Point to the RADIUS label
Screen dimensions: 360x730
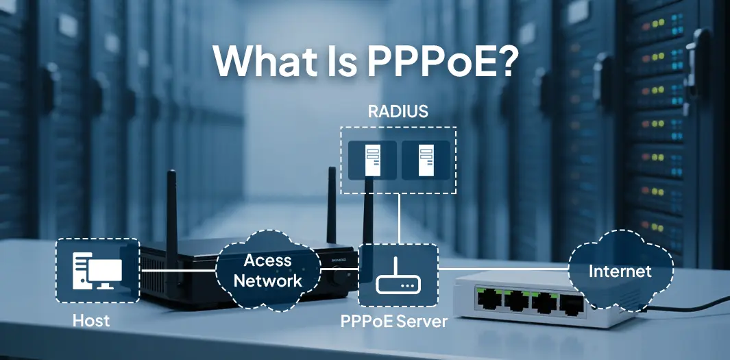pyautogui.click(x=398, y=111)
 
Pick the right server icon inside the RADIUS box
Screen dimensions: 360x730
pyautogui.click(x=425, y=160)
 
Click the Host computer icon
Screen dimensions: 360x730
pyautogui.click(x=97, y=270)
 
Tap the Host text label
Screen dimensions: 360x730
pyautogui.click(x=91, y=320)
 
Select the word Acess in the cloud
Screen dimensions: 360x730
pyautogui.click(x=268, y=261)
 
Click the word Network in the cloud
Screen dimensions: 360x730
pyautogui.click(x=267, y=280)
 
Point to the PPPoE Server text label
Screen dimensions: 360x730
pyautogui.click(x=394, y=321)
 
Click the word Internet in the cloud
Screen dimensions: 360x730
pyautogui.click(x=620, y=272)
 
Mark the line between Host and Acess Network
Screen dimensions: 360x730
pyautogui.click(x=178, y=271)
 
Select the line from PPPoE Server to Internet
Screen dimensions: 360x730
pyautogui.click(x=504, y=270)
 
